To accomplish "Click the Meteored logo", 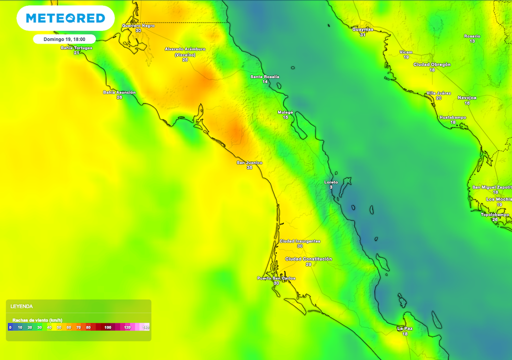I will point(65,18).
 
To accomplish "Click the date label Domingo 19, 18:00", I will point(64,39).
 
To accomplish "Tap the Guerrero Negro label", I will point(138,25).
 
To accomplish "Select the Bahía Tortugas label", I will point(76,47).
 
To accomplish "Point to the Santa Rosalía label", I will point(265,76).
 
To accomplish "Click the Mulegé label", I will point(285,112).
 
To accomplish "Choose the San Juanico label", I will point(249,162).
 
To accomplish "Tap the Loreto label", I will point(331,182).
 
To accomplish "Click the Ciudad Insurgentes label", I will point(299,241).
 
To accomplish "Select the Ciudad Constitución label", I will point(308,259).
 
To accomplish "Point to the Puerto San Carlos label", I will point(276,278).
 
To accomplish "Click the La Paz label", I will point(404,328).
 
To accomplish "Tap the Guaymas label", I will point(363,29).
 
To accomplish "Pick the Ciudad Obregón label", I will point(432,64).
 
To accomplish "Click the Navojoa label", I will point(467,97).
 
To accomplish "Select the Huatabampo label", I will point(452,117).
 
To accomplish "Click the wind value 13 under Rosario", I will point(472,41).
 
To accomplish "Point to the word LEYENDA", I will point(21,306).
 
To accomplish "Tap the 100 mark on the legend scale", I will point(107,327).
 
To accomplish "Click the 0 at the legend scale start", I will point(10,327).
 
